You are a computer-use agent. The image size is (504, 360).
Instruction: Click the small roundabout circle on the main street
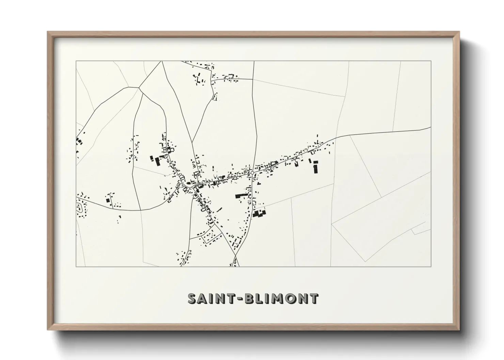(252, 173)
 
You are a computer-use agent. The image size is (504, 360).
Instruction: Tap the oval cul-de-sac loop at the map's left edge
(80, 207)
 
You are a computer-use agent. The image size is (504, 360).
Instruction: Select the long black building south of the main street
(242, 195)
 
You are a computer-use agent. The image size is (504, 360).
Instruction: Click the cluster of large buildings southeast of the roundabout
(259, 214)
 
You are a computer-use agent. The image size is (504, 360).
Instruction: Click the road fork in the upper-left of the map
(139, 88)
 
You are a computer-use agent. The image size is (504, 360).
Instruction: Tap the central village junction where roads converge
(186, 185)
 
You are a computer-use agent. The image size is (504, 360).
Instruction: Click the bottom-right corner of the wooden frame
(459, 330)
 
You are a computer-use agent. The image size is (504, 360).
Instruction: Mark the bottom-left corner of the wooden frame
(48, 330)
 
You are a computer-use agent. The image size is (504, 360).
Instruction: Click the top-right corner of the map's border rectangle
(431, 61)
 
